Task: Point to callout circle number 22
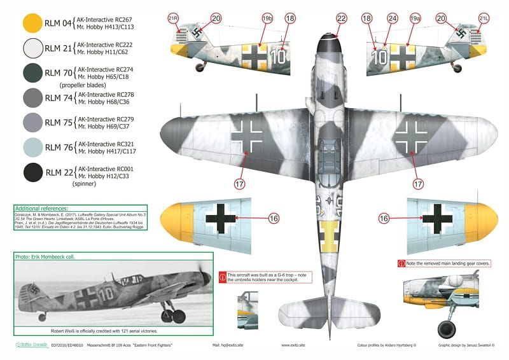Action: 342,19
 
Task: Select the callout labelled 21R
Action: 172,19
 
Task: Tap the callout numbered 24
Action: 392,19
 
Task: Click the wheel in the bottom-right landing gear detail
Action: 447,329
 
